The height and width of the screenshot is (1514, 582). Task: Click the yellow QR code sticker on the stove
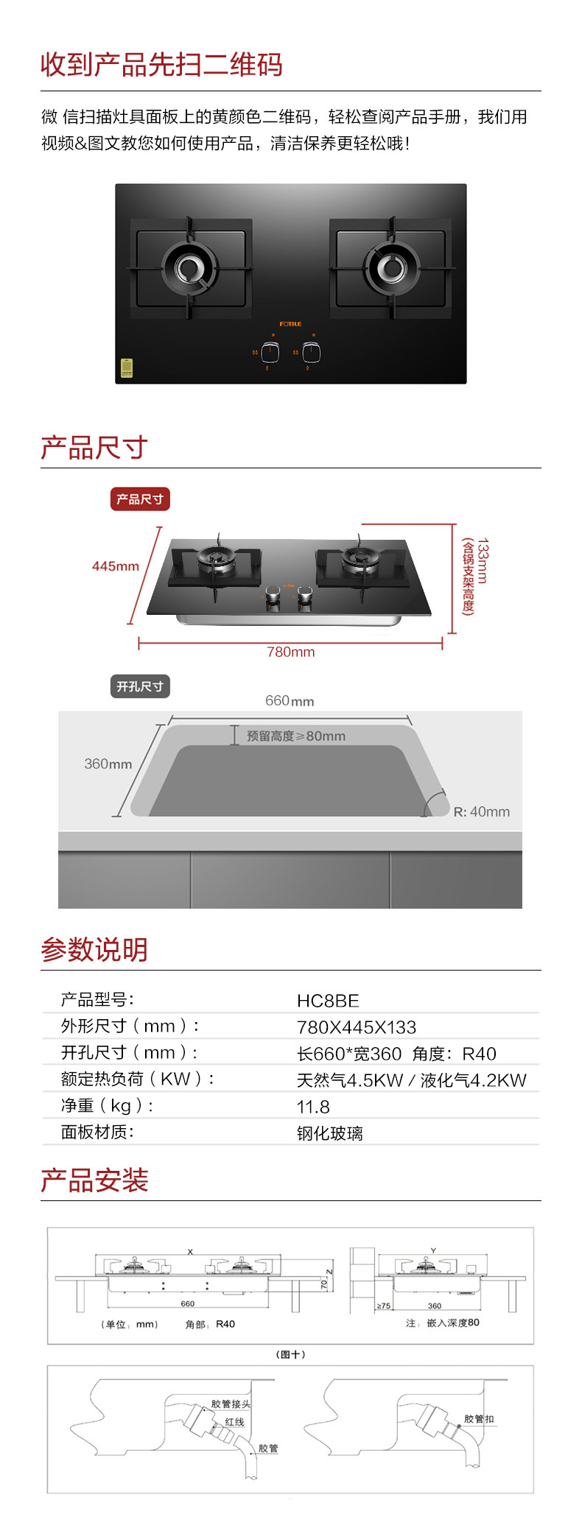127,368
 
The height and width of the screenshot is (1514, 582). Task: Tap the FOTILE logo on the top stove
290,324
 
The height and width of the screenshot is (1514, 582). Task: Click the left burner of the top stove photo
191,269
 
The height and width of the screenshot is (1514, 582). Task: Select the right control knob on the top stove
312,352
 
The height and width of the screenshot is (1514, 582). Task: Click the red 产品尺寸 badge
140,499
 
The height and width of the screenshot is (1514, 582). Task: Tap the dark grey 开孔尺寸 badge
140,686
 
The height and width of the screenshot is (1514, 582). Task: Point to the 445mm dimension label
115,566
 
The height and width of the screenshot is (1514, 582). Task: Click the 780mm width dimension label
290,652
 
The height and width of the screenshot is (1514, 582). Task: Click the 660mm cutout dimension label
290,701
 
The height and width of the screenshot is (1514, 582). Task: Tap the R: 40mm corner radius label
481,811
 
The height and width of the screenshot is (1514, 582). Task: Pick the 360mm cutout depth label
108,764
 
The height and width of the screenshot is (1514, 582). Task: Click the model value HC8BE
328,1001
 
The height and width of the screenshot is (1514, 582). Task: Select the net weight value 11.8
313,1107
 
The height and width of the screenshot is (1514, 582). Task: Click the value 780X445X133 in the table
357,1027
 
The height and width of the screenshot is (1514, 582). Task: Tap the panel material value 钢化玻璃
330,1133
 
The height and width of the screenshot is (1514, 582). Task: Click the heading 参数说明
94,950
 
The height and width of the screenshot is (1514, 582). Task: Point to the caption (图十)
290,1354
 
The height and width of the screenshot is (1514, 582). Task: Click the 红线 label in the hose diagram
234,1422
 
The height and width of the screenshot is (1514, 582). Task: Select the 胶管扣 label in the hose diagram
479,1419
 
